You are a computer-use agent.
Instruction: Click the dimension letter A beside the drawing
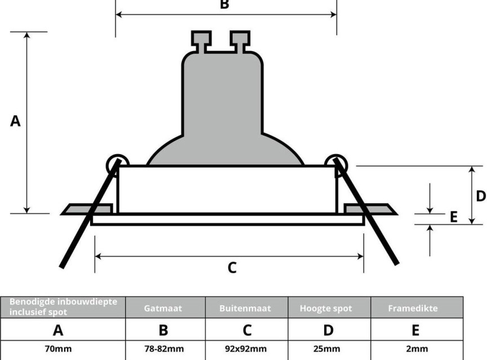coord(15,121)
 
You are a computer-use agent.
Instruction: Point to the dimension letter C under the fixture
coord(232,268)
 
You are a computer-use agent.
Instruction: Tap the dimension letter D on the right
coord(481,196)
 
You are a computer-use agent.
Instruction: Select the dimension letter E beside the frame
coord(454,217)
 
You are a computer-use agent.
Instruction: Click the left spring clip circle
coord(118,165)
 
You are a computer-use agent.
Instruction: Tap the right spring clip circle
coord(336,165)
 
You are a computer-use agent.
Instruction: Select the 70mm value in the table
coord(59,349)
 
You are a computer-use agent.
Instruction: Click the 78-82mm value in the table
coord(164,349)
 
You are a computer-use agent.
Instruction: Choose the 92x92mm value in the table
coord(245,349)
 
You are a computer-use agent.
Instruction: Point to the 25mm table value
coord(327,349)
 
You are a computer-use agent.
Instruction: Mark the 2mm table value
coord(417,349)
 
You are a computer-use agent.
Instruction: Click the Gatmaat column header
coord(163,308)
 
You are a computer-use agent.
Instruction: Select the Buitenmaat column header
coord(245,308)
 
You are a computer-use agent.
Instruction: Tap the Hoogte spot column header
coord(326,308)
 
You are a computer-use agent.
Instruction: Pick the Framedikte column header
coord(413,308)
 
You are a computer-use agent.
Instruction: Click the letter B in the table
coord(163,330)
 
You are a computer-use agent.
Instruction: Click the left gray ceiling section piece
coord(87,209)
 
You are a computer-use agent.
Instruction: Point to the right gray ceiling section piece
coord(370,209)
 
